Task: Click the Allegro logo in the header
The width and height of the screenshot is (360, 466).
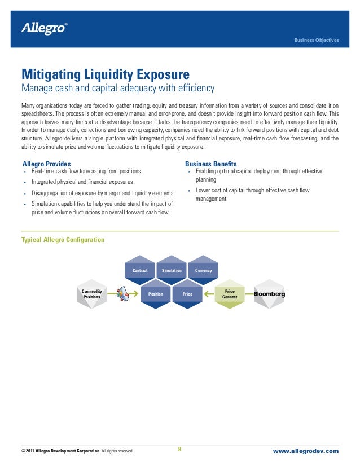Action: click(x=43, y=28)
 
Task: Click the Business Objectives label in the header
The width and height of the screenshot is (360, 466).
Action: click(x=317, y=41)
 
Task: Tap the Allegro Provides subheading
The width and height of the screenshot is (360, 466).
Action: click(x=46, y=164)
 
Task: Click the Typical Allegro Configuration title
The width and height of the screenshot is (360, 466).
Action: click(x=63, y=240)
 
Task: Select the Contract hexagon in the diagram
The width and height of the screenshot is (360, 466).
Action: click(x=140, y=270)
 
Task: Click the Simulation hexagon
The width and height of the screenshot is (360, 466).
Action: click(x=172, y=270)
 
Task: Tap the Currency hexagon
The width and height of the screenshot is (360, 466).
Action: click(x=203, y=270)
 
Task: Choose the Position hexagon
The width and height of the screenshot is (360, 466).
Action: click(x=156, y=294)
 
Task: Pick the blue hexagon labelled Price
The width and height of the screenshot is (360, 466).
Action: click(x=187, y=294)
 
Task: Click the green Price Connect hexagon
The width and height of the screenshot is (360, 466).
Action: click(x=230, y=294)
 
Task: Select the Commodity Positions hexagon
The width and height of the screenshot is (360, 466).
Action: click(x=92, y=293)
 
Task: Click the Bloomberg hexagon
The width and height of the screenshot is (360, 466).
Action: click(x=269, y=294)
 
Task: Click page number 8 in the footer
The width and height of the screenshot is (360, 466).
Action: click(x=179, y=450)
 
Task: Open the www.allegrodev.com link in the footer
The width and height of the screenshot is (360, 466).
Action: click(x=305, y=451)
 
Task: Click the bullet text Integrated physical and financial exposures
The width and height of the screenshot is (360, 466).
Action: click(x=82, y=182)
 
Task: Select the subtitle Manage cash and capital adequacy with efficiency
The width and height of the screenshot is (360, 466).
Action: click(x=118, y=89)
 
